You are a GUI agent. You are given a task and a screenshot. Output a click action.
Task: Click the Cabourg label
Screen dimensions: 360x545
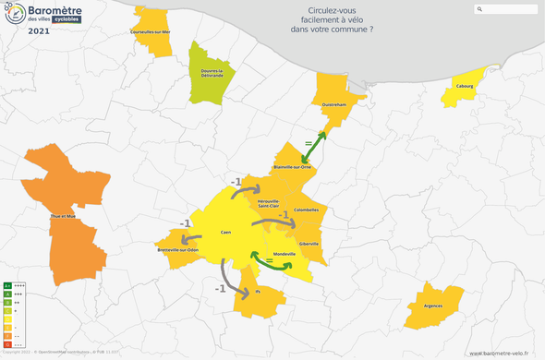463,87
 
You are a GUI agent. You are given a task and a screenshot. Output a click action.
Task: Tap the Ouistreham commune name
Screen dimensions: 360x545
333,105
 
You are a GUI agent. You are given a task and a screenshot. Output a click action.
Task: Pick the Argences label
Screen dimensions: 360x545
432,305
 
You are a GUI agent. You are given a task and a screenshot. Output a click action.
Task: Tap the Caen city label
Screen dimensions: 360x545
226,233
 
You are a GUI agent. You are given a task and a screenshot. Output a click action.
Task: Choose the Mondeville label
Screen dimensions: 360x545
285,254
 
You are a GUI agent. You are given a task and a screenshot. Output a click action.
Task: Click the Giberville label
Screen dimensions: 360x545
309,244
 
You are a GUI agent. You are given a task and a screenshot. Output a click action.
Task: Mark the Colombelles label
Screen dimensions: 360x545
306,210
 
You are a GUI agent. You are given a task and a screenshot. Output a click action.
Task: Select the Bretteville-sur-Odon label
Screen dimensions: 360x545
178,250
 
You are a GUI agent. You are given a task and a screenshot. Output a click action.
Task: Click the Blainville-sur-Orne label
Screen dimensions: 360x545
293,167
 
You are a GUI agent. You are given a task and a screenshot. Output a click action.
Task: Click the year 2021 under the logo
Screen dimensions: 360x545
39,30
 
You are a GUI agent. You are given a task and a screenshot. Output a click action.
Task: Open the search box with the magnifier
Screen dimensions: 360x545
506,10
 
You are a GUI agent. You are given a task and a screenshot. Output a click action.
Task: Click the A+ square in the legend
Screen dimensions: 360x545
7,285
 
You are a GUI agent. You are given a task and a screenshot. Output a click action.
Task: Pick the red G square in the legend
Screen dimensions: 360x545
7,343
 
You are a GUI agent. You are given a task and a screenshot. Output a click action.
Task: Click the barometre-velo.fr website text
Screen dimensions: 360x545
504,353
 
